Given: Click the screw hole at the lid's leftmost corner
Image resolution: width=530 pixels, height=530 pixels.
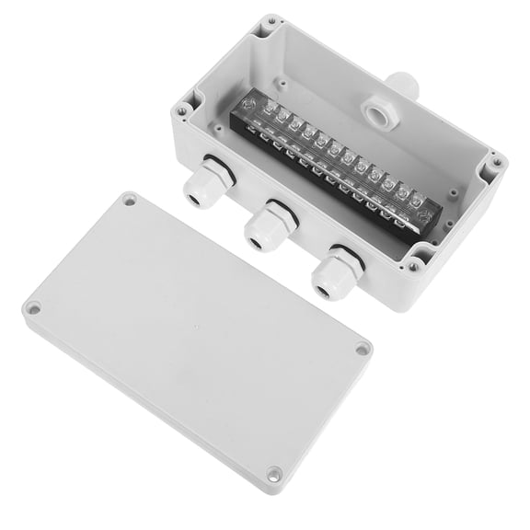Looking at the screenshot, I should tap(34, 309).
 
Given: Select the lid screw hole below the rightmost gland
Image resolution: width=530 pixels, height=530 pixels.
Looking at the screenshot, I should tap(363, 350).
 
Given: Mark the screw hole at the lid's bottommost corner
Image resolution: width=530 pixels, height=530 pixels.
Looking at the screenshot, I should tap(272, 474).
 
